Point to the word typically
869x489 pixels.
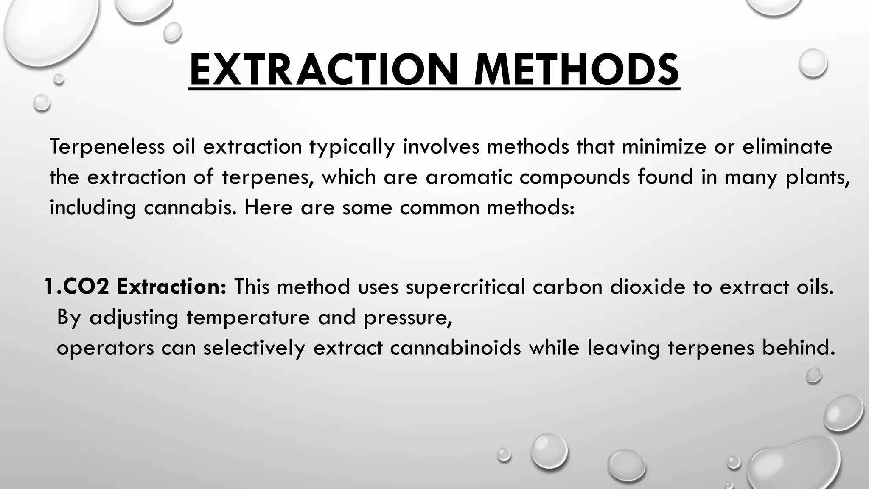(x=352, y=147)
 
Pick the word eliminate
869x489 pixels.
(x=787, y=147)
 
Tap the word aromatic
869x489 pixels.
(x=469, y=177)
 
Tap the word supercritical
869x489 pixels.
(x=465, y=287)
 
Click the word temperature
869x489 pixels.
(x=248, y=318)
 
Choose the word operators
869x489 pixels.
(x=105, y=348)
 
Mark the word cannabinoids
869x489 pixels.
(x=455, y=348)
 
